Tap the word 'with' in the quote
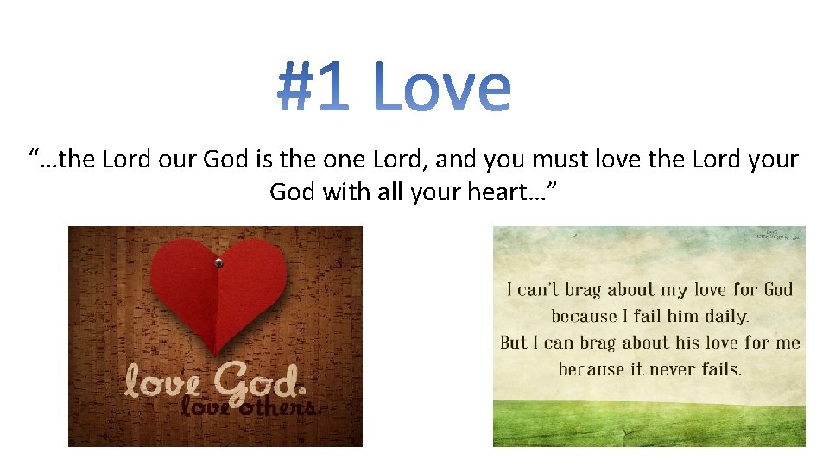(x=345, y=192)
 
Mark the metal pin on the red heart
(x=218, y=262)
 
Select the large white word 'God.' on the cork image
(x=255, y=379)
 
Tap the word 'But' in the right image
(x=515, y=343)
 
